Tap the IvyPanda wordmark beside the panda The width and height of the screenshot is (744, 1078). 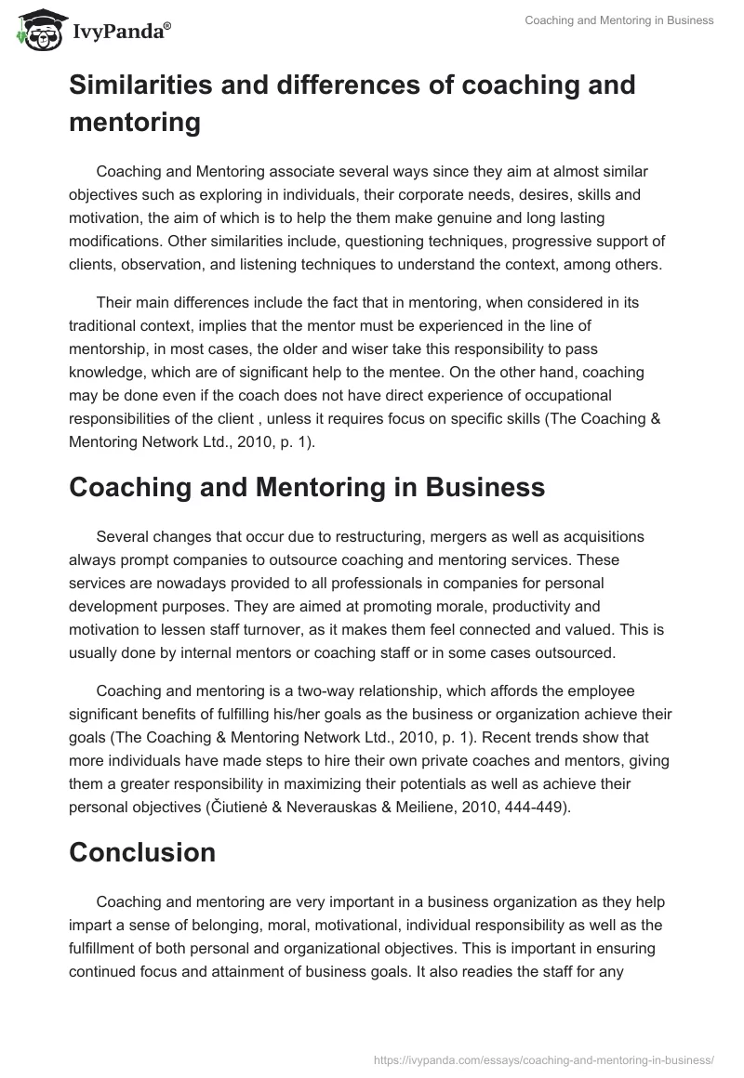pos(120,32)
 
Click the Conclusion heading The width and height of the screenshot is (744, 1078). pos(142,852)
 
